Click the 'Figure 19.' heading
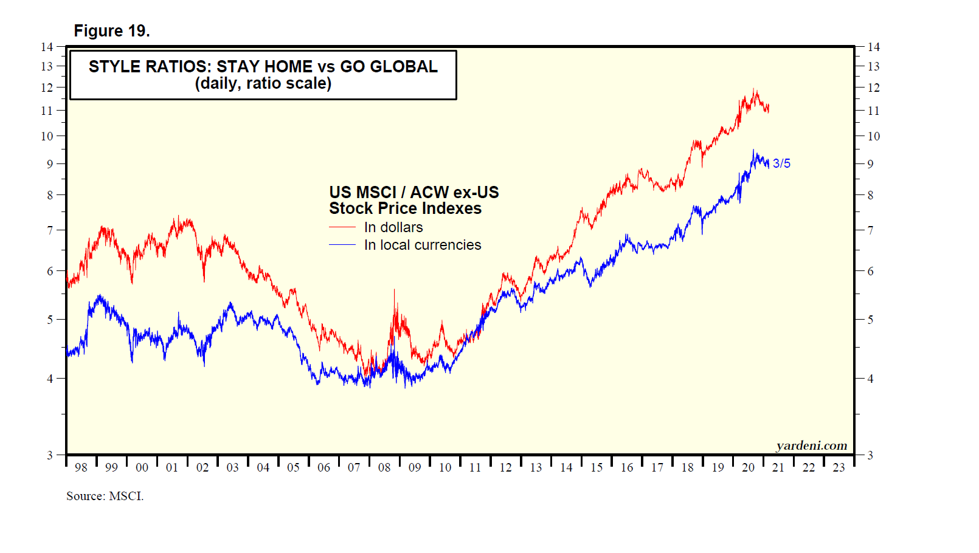112,31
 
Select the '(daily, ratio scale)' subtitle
263,83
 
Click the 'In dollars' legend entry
393,227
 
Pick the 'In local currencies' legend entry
423,245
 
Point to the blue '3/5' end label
781,163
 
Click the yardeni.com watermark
811,445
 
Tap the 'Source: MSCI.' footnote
105,496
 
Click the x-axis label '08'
384,467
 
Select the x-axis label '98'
81,467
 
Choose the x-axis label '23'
839,467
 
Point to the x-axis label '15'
597,467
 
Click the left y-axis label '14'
47,47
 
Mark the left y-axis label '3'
50,455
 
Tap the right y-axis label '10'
873,136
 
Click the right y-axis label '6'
870,271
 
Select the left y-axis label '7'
50,230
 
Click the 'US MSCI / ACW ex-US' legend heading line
413,193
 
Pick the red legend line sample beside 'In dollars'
342,227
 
